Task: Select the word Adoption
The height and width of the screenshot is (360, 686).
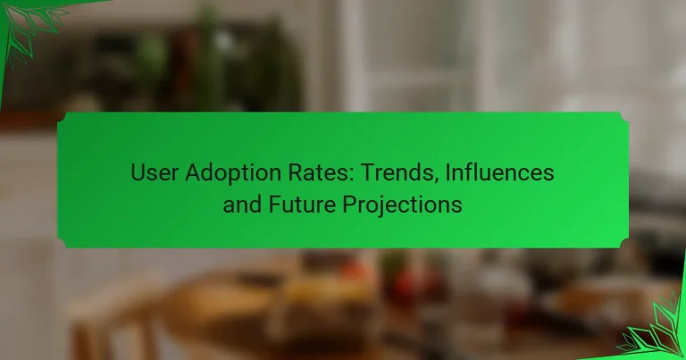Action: tap(219, 172)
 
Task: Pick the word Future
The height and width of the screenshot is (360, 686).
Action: tap(293, 204)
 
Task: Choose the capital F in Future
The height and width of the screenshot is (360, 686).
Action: tap(271, 204)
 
